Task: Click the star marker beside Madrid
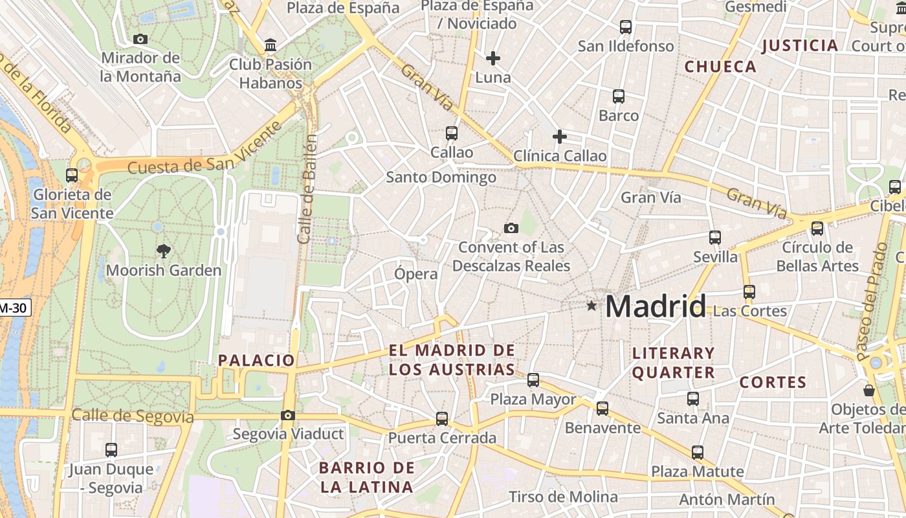[x=591, y=306]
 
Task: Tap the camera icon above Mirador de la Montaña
[x=140, y=39]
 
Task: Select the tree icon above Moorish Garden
[x=164, y=251]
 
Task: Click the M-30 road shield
[x=14, y=308]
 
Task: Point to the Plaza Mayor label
[x=533, y=400]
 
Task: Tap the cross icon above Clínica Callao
[x=560, y=137]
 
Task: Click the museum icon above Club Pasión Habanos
[x=271, y=45]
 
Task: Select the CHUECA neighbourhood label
[x=720, y=67]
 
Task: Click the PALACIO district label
[x=256, y=361]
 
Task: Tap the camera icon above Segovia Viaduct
[x=288, y=415]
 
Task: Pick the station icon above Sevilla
[x=715, y=238]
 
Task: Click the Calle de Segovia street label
[x=133, y=416]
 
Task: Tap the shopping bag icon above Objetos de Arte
[x=869, y=390]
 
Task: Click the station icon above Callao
[x=452, y=133]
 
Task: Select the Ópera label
[x=416, y=274]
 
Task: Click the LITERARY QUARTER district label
[x=673, y=363]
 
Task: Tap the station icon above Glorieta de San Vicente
[x=72, y=175]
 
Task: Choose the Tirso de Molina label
[x=563, y=497]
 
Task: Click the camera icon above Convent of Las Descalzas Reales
[x=511, y=228]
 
